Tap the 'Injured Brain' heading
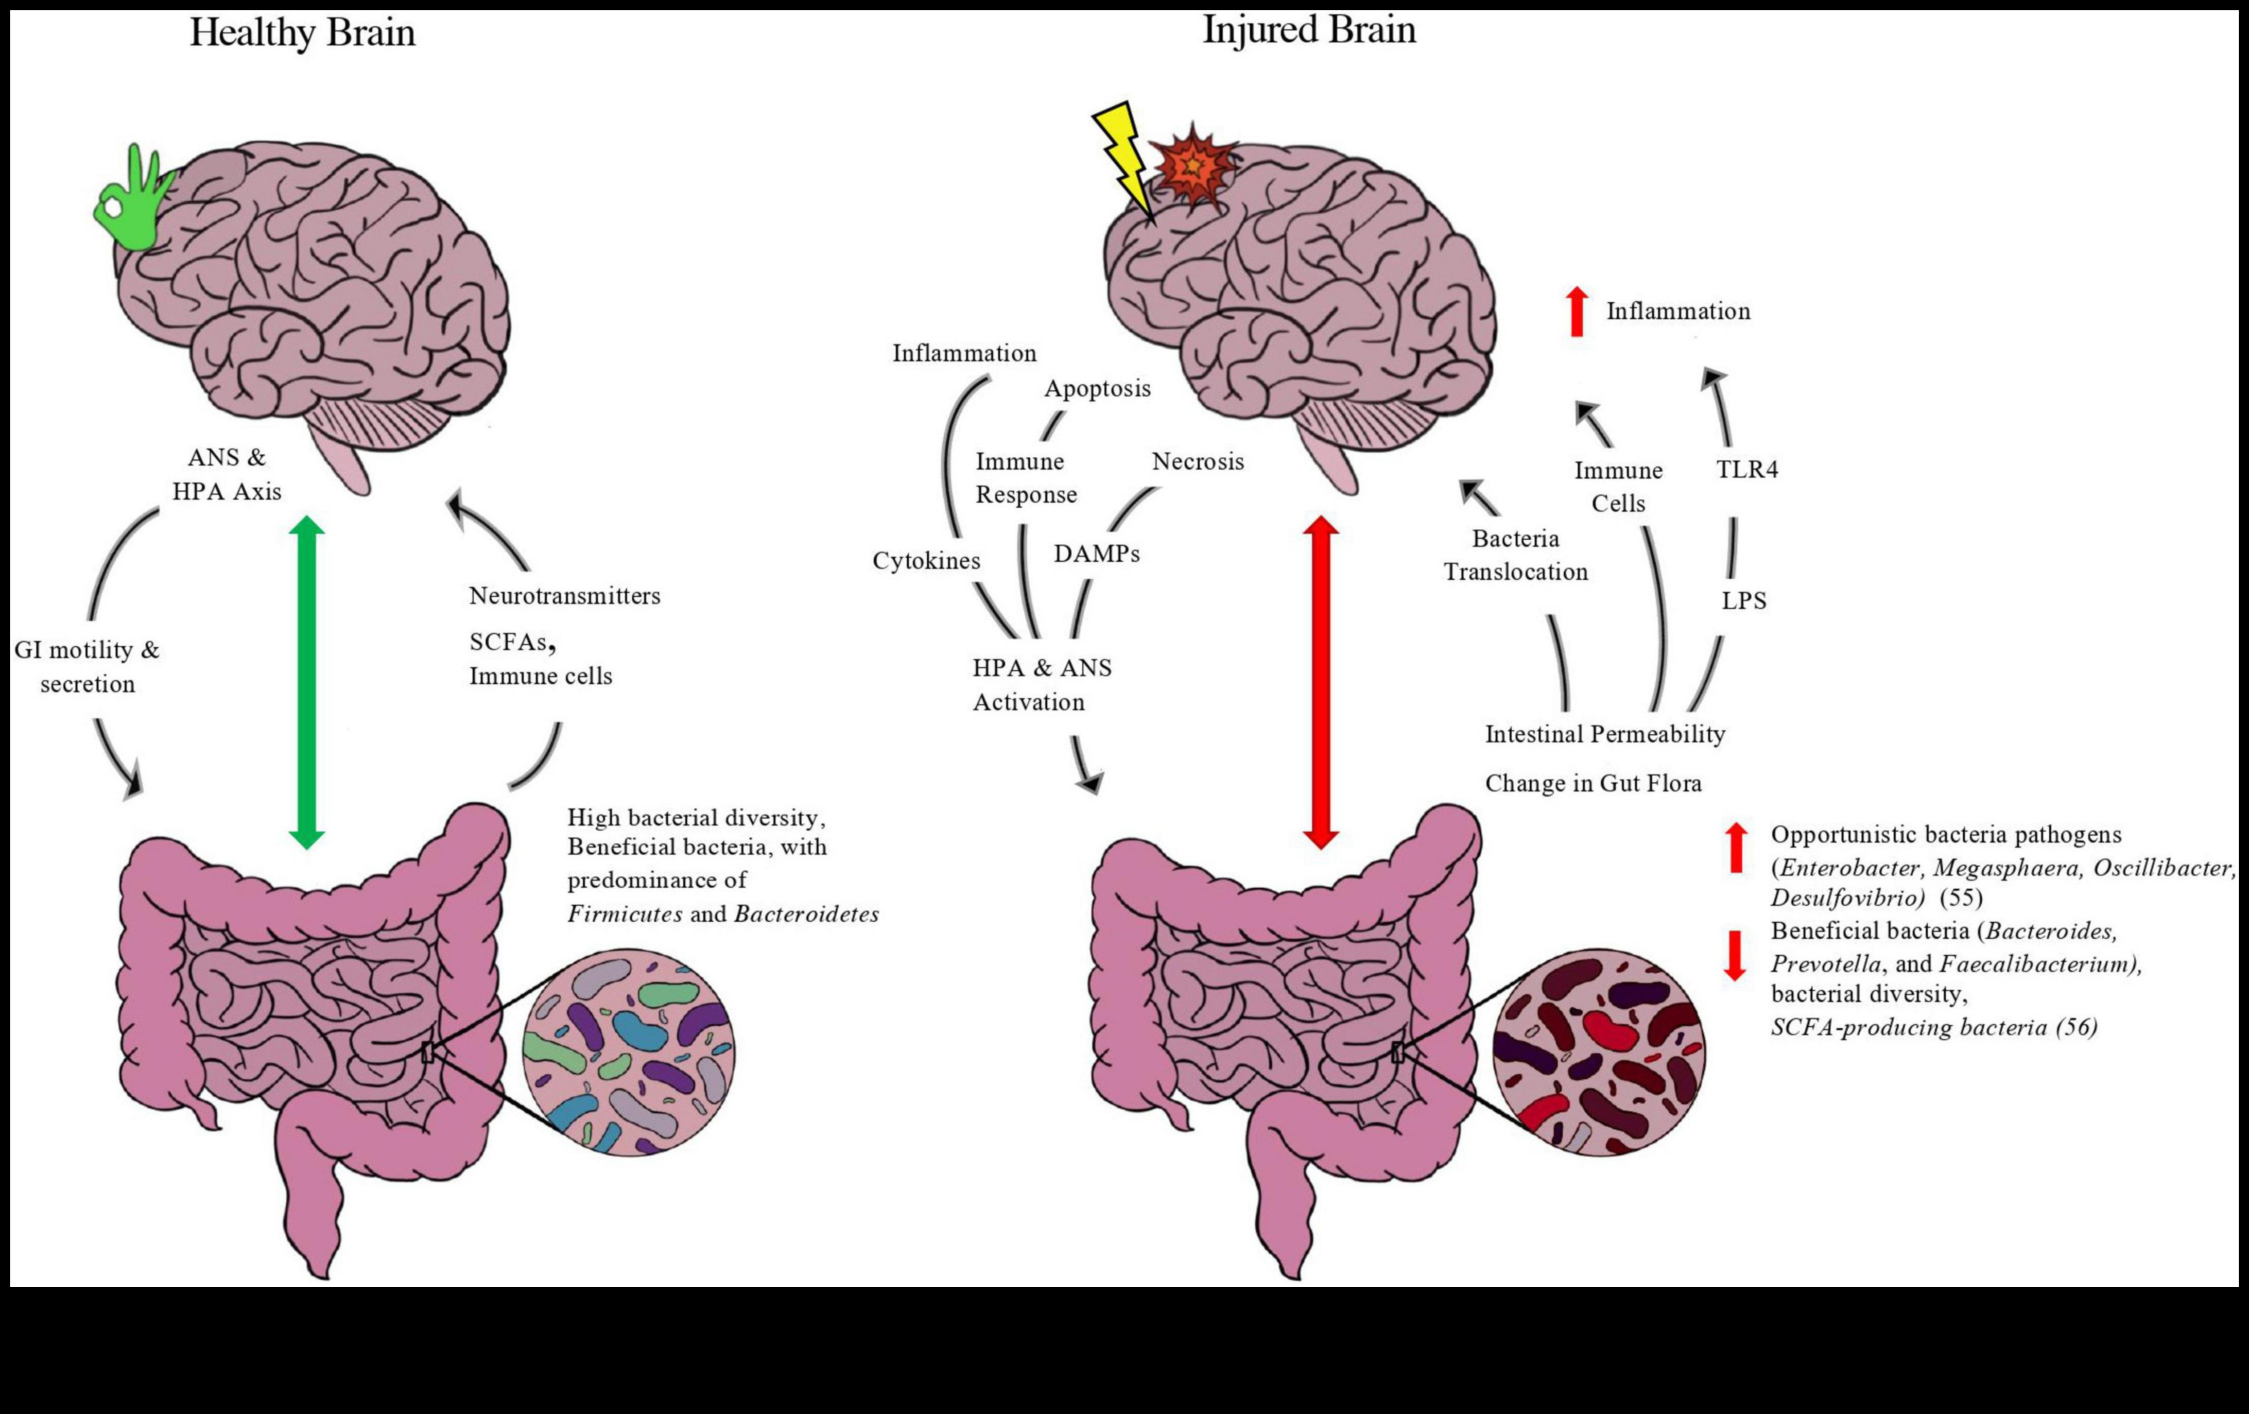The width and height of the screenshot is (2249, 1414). tap(1308, 30)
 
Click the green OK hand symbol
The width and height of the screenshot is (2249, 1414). tap(131, 203)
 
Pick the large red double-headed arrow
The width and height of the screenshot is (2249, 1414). tap(1321, 682)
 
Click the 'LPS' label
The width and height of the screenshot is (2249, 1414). tap(1744, 600)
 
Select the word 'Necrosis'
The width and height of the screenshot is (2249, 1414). tap(1197, 461)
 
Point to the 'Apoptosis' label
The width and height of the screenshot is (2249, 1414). tap(1097, 389)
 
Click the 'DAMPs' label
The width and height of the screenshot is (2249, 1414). tap(1097, 554)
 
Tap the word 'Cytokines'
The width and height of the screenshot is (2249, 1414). tap(926, 560)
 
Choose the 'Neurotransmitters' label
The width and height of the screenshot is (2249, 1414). tap(564, 596)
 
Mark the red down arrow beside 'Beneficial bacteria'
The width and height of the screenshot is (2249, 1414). tap(1735, 955)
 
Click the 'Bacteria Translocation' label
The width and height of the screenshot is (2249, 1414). tap(1515, 555)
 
